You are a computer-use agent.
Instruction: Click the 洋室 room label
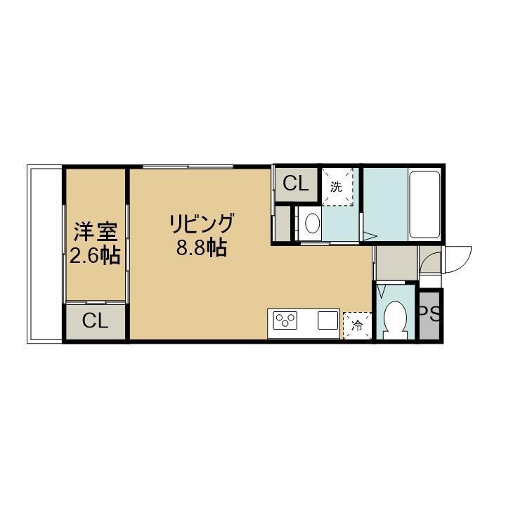point(95,231)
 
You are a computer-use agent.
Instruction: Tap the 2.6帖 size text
point(95,255)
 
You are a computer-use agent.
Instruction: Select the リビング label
point(200,224)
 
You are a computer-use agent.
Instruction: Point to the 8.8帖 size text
point(200,248)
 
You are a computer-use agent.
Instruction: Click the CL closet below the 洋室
point(96,321)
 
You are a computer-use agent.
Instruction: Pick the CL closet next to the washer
point(295,184)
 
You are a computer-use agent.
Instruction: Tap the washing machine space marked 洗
point(337,186)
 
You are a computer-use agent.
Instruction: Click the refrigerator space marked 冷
point(356,325)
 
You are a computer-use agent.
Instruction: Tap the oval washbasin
point(312,224)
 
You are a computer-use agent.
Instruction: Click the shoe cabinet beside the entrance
point(396,264)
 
